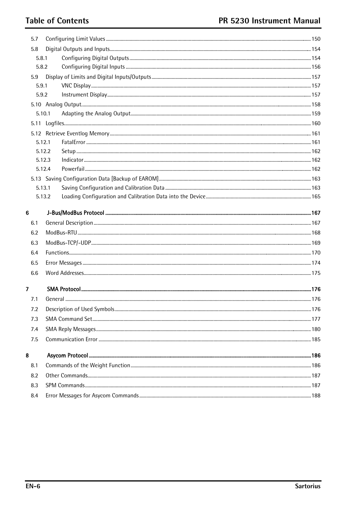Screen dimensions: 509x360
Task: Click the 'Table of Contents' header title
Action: (57, 21)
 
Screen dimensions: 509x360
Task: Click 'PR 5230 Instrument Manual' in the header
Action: (269, 21)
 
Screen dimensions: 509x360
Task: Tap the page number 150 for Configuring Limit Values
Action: (316, 39)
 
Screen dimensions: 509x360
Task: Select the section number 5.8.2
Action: (42, 67)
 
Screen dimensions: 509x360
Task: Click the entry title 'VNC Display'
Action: (76, 86)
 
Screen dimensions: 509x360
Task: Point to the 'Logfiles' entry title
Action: (55, 123)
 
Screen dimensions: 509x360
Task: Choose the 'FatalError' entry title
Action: (74, 142)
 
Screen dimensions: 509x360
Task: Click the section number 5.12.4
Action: (43, 169)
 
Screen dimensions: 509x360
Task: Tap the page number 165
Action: (316, 196)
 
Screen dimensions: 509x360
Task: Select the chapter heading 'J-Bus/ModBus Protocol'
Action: (75, 213)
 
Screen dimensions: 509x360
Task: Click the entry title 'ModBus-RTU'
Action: (61, 233)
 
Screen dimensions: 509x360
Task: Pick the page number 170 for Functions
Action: (316, 253)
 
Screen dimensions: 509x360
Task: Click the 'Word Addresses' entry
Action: (65, 273)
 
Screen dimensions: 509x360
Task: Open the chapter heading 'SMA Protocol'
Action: (64, 289)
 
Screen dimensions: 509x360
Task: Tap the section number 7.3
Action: (34, 319)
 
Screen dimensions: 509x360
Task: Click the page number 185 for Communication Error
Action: (316, 339)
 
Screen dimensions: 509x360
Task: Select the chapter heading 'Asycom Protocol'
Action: (68, 356)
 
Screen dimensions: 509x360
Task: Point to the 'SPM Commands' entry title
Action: (65, 385)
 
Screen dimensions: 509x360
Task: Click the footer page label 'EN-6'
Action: (33, 486)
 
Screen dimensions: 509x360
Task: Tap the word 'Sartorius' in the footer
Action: (308, 486)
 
